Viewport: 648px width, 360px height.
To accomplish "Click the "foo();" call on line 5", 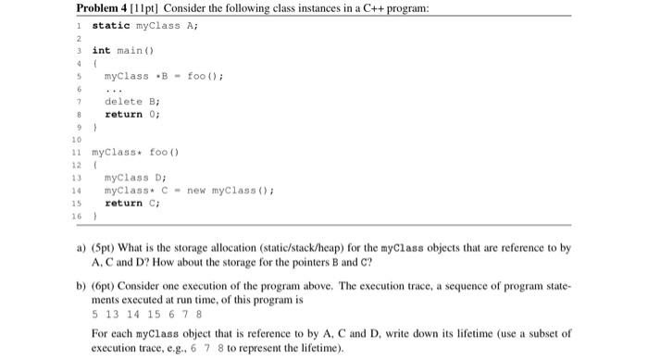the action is [206, 76].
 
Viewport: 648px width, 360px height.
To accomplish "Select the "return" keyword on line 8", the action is [123, 115].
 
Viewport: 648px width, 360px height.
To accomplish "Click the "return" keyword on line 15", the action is [123, 203].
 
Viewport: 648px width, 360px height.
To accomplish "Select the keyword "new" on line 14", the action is [198, 191].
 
